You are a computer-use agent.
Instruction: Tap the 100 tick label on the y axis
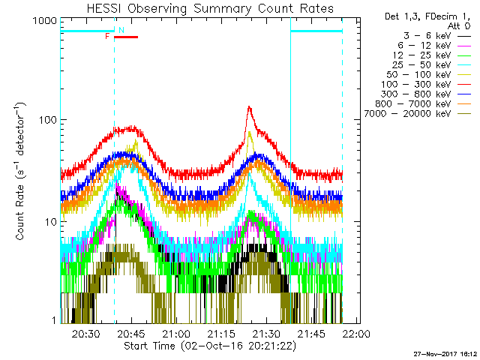(46, 120)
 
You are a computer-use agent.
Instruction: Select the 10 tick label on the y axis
(49, 222)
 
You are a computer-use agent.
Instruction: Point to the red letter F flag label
(108, 36)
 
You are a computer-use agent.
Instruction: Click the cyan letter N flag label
(121, 30)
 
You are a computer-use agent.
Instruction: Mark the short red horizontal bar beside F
(125, 36)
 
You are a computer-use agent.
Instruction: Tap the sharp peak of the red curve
(248, 107)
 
